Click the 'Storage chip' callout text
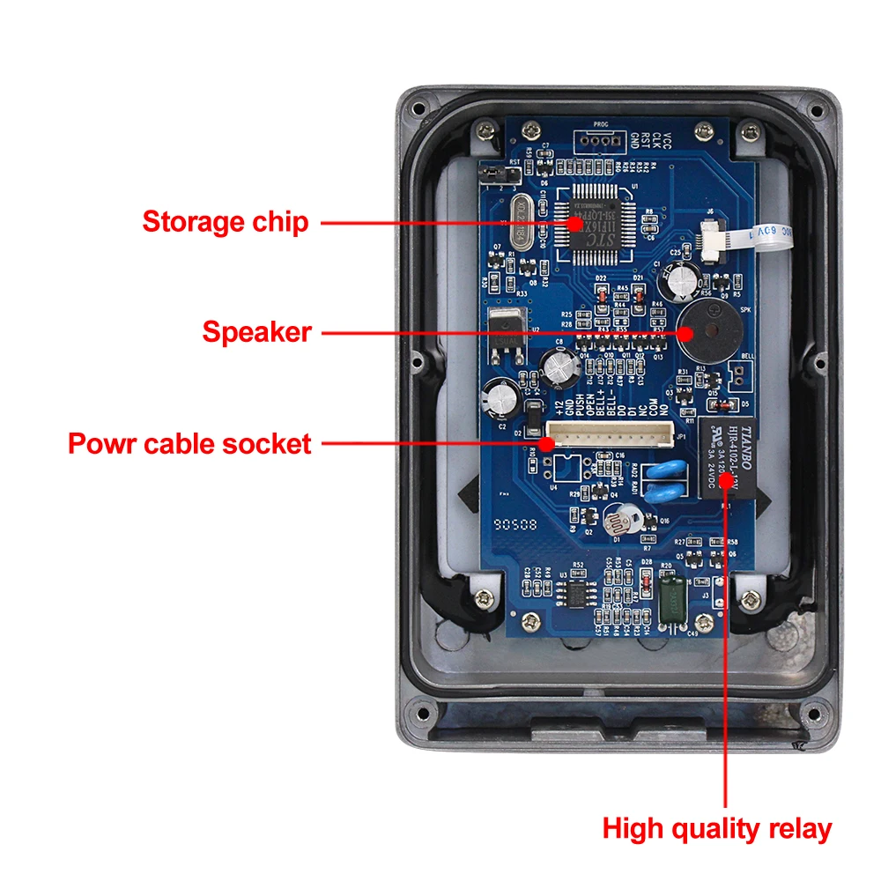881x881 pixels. point(226,221)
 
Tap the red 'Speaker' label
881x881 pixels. point(256,332)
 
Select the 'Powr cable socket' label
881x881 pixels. point(189,443)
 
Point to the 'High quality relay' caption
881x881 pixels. point(716,828)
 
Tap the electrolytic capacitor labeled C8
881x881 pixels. point(559,367)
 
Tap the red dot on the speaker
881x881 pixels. point(686,333)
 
